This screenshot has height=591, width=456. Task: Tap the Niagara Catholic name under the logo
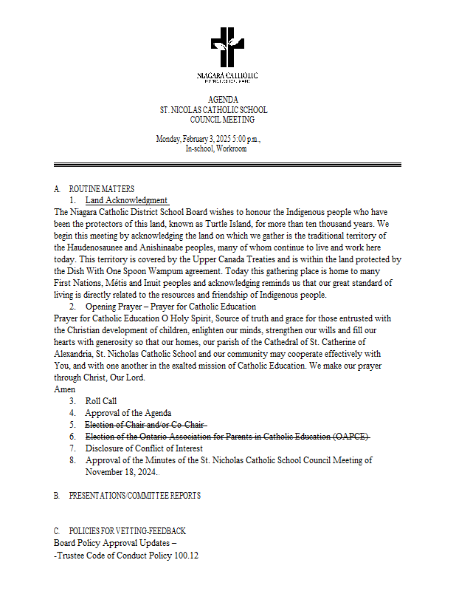tap(227, 76)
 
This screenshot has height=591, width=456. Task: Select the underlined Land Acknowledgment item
tap(126, 200)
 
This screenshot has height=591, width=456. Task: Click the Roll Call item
tap(100, 401)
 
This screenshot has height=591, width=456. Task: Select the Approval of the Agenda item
tap(128, 413)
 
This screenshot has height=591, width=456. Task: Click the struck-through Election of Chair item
tap(145, 425)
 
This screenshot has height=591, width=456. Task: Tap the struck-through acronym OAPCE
tap(350, 437)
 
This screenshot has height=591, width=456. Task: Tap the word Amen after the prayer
tap(65, 389)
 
